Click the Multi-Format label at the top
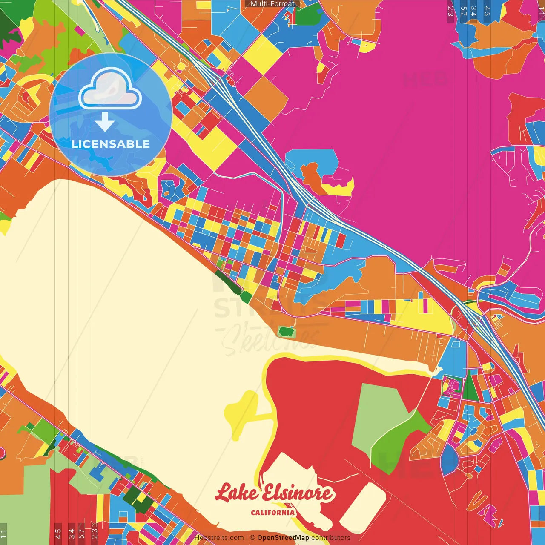[x=272, y=4]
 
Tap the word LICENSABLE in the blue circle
[x=111, y=144]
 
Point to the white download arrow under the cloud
[x=105, y=122]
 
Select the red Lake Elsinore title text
[x=275, y=493]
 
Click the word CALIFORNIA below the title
[x=272, y=512]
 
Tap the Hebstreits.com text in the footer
[x=219, y=538]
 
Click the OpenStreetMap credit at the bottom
[x=283, y=538]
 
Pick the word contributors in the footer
[x=331, y=538]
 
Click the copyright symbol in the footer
[x=252, y=538]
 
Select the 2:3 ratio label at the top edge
[x=450, y=11]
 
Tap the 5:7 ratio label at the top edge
[x=463, y=11]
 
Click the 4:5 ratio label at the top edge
[x=487, y=11]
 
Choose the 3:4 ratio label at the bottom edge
[x=72, y=534]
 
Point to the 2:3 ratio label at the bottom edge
[x=94, y=534]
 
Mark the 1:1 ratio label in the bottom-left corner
[x=3, y=534]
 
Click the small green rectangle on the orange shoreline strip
[x=286, y=331]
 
